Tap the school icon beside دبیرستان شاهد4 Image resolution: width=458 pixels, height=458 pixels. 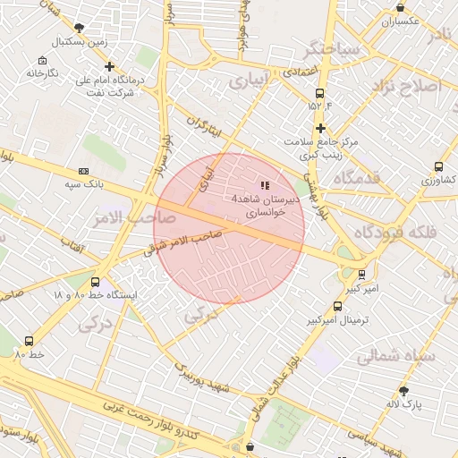click(264, 184)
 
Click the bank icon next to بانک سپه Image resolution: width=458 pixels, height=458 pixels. click(83, 170)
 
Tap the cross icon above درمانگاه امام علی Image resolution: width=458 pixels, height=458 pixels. click(110, 66)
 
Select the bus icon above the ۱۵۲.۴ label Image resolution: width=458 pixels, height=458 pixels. click(320, 93)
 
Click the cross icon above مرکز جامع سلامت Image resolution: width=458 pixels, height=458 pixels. click(320, 128)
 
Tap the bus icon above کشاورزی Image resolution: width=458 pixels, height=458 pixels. click(438, 166)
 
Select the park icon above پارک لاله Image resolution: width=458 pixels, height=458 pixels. click(403, 391)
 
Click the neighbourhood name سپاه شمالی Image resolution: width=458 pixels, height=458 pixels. click(395, 356)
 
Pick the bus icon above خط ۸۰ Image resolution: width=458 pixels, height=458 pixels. click(30, 341)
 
